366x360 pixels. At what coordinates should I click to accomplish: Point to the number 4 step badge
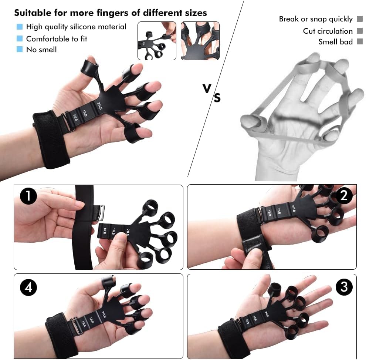(x=28, y=288)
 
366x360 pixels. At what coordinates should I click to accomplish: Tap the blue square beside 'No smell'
(x=20, y=49)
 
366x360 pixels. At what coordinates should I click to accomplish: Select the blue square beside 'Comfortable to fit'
(x=20, y=38)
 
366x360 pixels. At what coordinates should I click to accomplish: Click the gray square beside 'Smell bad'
(x=359, y=42)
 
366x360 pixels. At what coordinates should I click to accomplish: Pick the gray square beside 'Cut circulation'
(x=359, y=31)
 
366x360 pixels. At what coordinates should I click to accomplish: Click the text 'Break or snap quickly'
(x=315, y=19)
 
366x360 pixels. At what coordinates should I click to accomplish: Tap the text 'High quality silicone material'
(x=76, y=27)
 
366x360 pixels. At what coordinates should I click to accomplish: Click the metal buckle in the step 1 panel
(x=101, y=213)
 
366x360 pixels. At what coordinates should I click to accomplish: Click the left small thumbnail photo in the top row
(x=157, y=41)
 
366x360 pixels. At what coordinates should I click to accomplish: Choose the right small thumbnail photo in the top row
(x=200, y=41)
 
